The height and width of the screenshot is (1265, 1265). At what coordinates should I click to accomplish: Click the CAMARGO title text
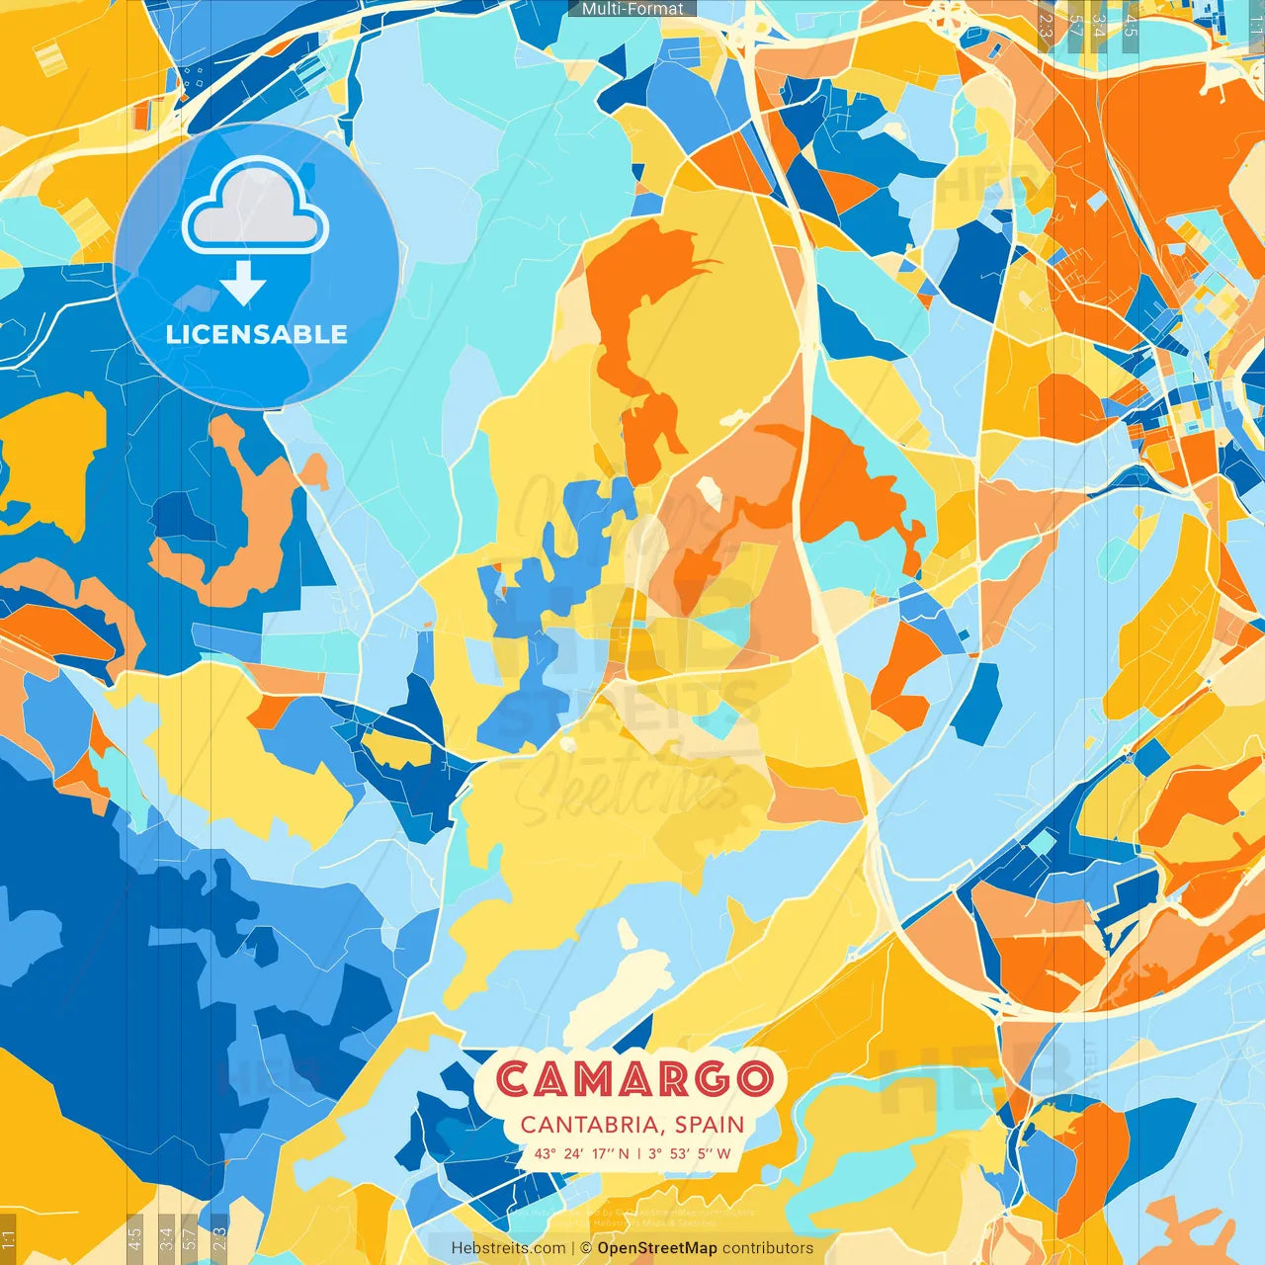click(632, 1079)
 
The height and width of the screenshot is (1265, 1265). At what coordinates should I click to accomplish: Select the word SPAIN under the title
click(711, 1125)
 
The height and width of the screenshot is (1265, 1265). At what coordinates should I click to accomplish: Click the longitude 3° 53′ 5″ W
click(690, 1153)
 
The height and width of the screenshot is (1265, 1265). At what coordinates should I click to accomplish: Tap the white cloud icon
click(255, 211)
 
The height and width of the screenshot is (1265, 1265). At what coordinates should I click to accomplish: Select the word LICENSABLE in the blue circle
click(257, 334)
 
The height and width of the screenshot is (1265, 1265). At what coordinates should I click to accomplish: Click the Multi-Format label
click(632, 9)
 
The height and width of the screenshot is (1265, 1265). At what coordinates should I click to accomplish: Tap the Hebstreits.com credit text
click(509, 1248)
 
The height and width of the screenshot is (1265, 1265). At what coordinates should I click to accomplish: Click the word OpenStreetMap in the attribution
click(657, 1248)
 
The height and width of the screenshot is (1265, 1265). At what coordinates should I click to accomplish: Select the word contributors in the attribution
click(768, 1248)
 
